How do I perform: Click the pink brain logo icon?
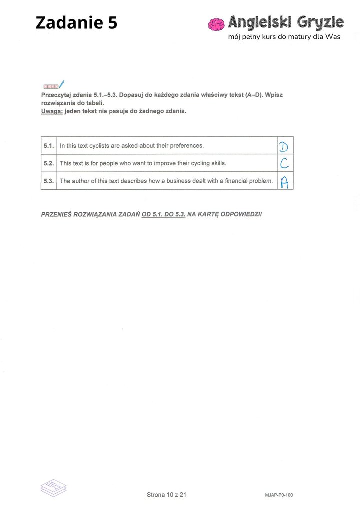(x=216, y=24)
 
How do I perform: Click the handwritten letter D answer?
(x=284, y=146)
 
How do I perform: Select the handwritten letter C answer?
(x=284, y=163)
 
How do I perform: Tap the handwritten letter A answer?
(x=284, y=182)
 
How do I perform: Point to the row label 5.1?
(x=48, y=146)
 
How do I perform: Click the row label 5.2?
(x=48, y=163)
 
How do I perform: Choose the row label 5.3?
(x=48, y=181)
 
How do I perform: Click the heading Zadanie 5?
(x=76, y=22)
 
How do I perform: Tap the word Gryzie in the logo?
(x=319, y=22)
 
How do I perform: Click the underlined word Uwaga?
(x=52, y=111)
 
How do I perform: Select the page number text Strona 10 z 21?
(x=167, y=495)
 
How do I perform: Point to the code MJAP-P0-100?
(x=279, y=495)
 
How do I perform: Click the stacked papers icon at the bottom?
(x=54, y=488)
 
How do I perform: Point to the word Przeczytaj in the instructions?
(x=56, y=95)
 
